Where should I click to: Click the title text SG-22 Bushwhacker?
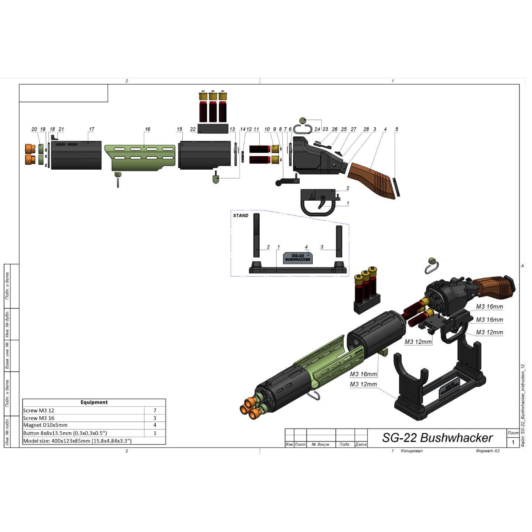point(437,438)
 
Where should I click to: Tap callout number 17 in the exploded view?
point(91,129)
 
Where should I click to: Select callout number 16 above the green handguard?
point(147,129)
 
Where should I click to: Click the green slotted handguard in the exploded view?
point(140,157)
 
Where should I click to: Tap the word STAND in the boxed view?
point(241,215)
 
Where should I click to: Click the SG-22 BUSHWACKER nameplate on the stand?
point(297,258)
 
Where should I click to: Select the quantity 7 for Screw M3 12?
point(155,410)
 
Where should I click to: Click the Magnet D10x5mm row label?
point(45,425)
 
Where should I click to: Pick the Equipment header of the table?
point(94,402)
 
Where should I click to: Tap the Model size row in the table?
point(77,441)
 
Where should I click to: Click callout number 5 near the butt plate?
point(397,129)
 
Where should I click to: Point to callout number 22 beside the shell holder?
point(192,129)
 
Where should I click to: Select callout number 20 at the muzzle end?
point(34,129)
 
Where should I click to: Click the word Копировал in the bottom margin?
point(412,451)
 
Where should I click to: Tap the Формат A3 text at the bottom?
point(488,451)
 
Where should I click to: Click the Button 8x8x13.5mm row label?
point(65,433)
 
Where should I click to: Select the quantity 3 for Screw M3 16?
point(155,418)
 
